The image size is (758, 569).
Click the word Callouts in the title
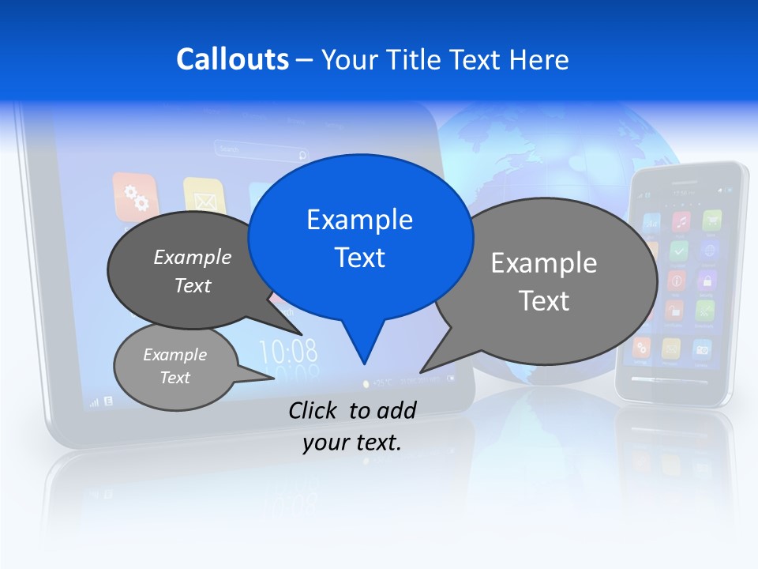pyautogui.click(x=232, y=59)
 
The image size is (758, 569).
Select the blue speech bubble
pyautogui.click(x=360, y=237)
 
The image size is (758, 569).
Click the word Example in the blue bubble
pyautogui.click(x=359, y=220)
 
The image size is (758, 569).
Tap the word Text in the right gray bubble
pyautogui.click(x=544, y=300)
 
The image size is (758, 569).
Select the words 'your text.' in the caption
pyautogui.click(x=352, y=443)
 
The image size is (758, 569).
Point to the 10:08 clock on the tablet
pyautogui.click(x=288, y=350)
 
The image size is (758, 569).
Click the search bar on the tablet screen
pyautogui.click(x=261, y=150)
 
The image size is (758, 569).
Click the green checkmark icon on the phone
pyautogui.click(x=678, y=251)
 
